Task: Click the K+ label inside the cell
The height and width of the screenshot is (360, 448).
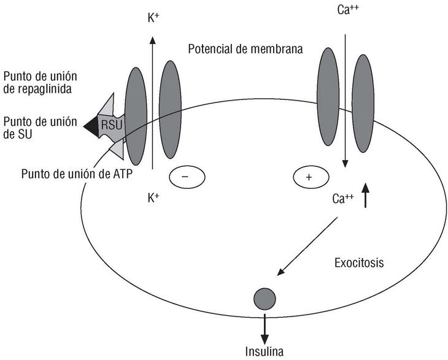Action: [x=153, y=198]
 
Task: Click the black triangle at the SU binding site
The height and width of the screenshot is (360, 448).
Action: [x=91, y=125]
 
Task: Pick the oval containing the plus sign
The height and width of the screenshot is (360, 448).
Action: [x=308, y=177]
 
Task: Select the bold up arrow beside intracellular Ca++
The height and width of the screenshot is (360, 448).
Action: [x=366, y=196]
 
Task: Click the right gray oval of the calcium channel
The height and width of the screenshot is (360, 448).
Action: [x=362, y=103]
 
